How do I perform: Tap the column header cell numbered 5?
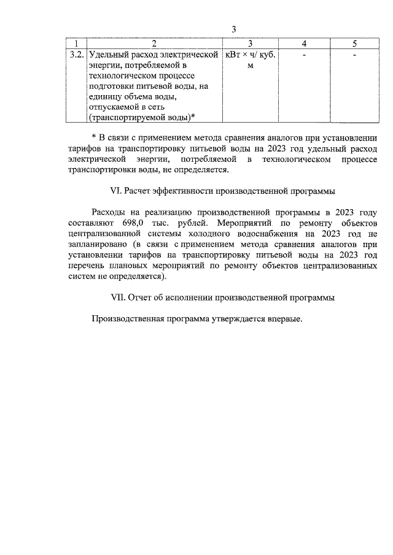(354, 44)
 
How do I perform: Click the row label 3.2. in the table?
(77, 55)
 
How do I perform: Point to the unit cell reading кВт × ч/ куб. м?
(250, 60)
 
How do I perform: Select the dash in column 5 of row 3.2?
(354, 55)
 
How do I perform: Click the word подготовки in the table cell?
(112, 86)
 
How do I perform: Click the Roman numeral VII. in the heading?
(117, 297)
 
